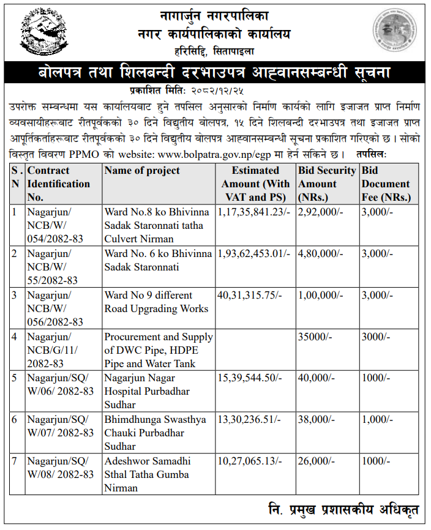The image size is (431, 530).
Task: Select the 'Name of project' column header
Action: pyautogui.click(x=142, y=171)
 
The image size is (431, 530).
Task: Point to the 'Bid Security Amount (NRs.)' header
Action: pyautogui.click(x=326, y=184)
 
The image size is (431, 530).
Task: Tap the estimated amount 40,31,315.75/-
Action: pyautogui.click(x=250, y=295)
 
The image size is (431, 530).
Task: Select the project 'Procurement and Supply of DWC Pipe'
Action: pyautogui.click(x=158, y=350)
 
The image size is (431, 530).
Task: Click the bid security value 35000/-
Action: pyautogui.click(x=315, y=337)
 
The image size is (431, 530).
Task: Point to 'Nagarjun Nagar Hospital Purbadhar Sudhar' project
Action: pyautogui.click(x=147, y=392)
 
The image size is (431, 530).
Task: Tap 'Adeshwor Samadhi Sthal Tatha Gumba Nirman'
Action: pyautogui.click(x=147, y=475)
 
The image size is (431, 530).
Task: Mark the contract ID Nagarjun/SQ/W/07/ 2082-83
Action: pyautogui.click(x=60, y=426)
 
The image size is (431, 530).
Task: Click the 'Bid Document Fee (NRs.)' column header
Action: pyautogui.click(x=385, y=184)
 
